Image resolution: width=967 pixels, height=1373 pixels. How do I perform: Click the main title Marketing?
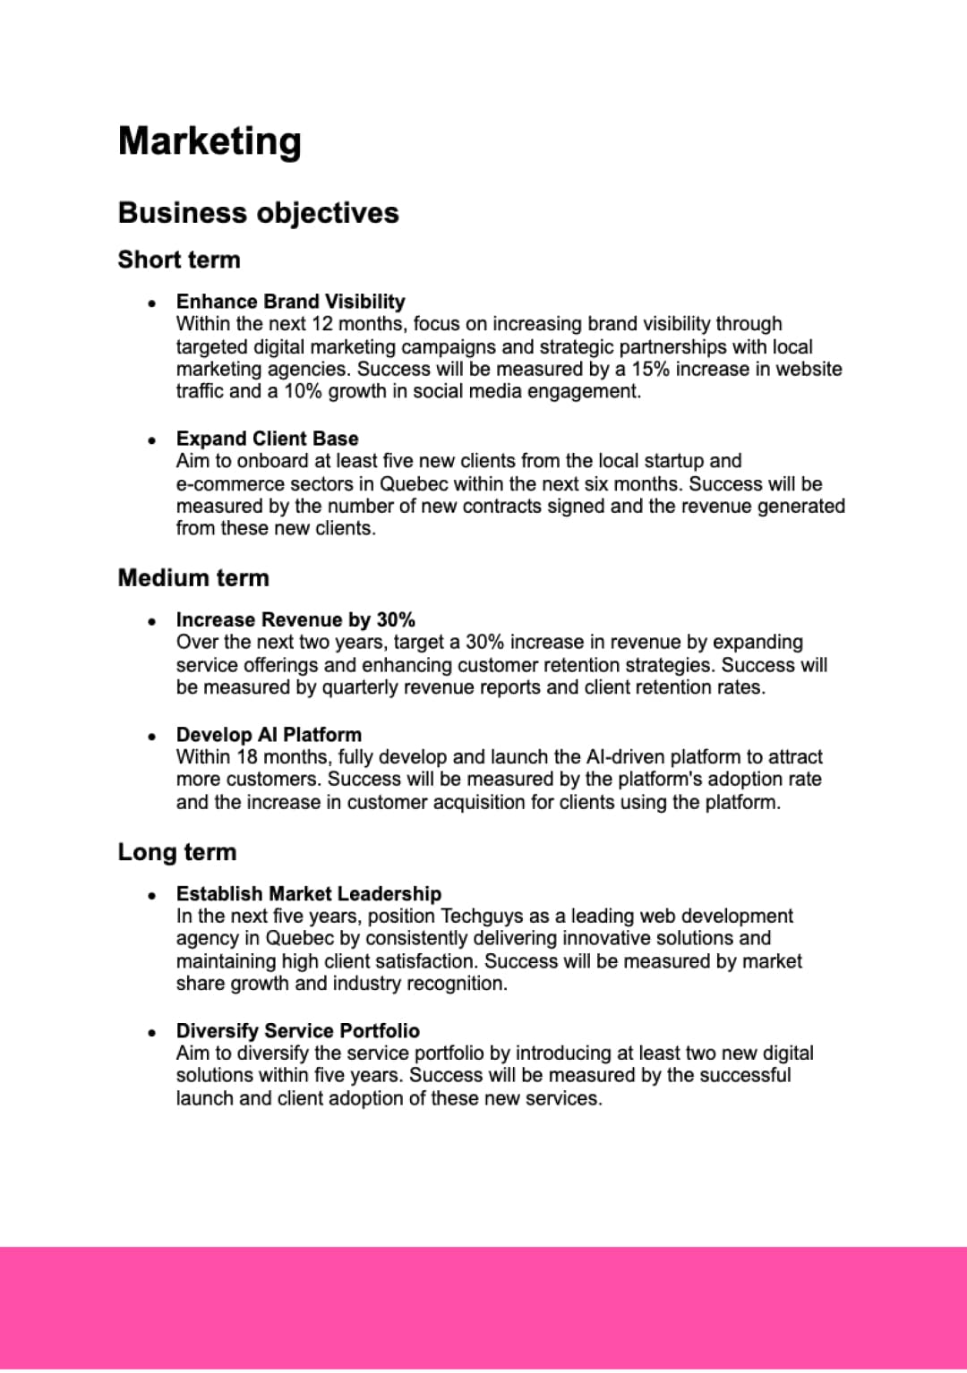click(x=210, y=141)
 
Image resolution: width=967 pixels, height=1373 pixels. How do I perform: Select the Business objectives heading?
click(x=258, y=213)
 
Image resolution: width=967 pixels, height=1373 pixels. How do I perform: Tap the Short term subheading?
click(x=179, y=260)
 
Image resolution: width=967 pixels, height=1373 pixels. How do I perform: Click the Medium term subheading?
click(x=193, y=578)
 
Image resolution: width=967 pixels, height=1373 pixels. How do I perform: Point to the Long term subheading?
click(x=177, y=852)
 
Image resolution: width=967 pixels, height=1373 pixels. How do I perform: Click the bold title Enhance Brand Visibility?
click(x=290, y=302)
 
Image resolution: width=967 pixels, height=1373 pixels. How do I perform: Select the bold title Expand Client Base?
click(x=267, y=439)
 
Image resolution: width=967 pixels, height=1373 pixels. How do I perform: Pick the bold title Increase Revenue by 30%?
click(x=295, y=620)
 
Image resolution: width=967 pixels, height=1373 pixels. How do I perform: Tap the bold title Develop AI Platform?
click(x=269, y=735)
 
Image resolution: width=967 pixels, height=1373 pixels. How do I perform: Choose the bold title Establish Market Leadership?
click(x=309, y=894)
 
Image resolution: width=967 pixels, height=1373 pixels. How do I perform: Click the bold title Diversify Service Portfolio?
click(x=298, y=1031)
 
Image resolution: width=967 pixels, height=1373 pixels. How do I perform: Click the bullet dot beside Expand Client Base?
click(x=152, y=439)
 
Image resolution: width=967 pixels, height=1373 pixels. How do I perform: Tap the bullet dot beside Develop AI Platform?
click(x=152, y=736)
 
